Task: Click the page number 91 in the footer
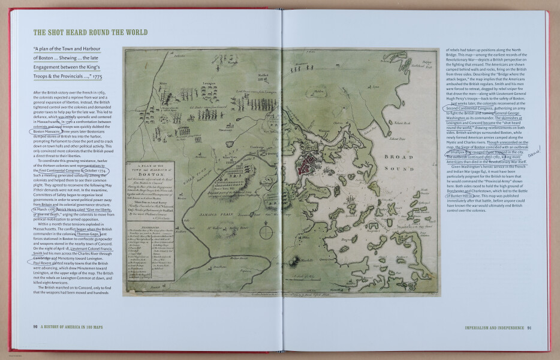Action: click(x=529, y=328)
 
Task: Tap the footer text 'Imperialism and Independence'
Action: click(x=494, y=328)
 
